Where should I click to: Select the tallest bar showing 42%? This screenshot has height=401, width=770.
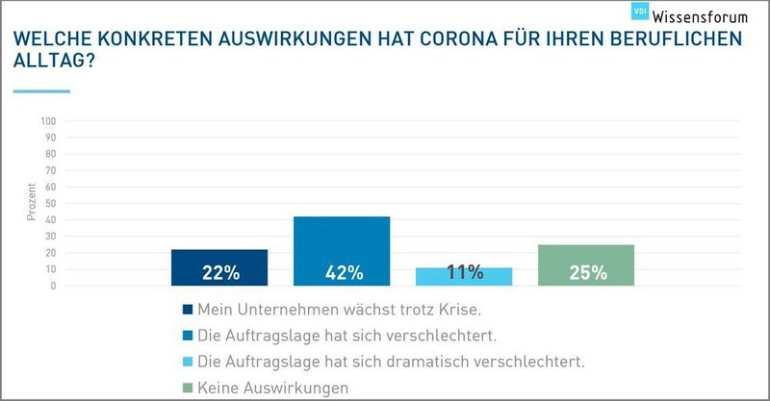342,250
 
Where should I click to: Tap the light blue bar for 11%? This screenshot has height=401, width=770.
464,276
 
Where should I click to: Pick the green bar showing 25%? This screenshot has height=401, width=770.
586,264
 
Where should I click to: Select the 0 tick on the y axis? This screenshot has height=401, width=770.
55,286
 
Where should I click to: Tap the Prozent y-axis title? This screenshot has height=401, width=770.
31,204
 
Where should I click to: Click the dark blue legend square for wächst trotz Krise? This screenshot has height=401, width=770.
187,310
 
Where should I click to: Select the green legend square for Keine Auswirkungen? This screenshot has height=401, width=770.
187,388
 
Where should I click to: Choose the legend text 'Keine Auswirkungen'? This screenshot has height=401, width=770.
273,388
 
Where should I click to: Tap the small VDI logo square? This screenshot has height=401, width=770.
639,11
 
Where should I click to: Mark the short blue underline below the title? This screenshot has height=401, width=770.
41,91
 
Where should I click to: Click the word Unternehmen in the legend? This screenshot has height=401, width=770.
283,310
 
